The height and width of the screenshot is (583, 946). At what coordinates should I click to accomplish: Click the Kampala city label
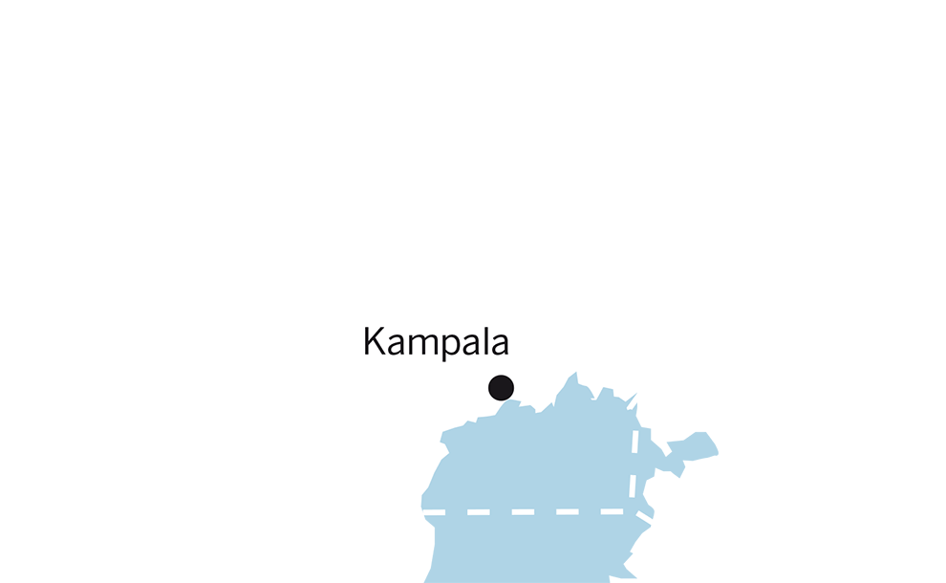(437, 342)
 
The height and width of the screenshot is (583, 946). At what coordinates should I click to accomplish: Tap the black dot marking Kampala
(501, 387)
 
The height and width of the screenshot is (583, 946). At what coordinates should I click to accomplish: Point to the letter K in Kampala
(375, 341)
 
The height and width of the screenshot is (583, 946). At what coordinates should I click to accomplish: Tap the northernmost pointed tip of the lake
(575, 373)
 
